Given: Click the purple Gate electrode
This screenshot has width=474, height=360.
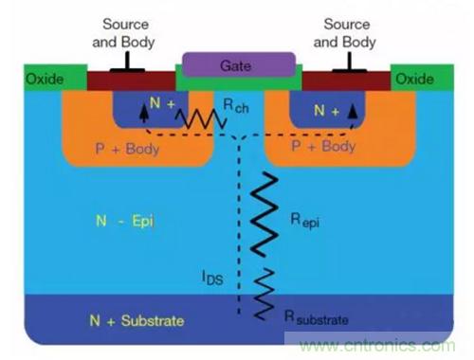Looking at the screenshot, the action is [x=239, y=65].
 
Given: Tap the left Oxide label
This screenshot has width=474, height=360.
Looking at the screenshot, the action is [x=45, y=79].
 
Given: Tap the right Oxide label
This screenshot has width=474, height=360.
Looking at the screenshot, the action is [x=414, y=79].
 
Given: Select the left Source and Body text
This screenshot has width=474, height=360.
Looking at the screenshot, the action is [x=124, y=33].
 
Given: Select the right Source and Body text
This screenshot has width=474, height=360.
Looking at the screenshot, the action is [x=345, y=33].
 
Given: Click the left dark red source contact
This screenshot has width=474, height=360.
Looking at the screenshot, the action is [x=131, y=81].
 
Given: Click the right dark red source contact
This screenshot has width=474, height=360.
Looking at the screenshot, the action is [x=346, y=81].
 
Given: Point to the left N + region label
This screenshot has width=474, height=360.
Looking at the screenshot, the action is [x=162, y=103].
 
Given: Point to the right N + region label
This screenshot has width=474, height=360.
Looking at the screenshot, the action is [x=326, y=111].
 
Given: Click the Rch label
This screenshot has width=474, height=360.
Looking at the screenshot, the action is [x=236, y=106].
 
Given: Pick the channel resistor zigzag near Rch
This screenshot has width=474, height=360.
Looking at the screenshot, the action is [x=201, y=119].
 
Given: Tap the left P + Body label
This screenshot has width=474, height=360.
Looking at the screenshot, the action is [x=127, y=149].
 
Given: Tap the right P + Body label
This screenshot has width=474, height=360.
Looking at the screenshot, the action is [x=323, y=146].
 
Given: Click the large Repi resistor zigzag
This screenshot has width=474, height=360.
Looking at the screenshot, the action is [x=264, y=215].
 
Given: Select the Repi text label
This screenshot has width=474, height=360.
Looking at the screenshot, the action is [x=304, y=220].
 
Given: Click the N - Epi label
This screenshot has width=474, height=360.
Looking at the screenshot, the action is [x=125, y=221].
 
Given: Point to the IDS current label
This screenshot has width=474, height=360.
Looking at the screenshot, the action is [x=212, y=279].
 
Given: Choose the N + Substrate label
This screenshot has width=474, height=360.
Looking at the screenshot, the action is [x=137, y=321].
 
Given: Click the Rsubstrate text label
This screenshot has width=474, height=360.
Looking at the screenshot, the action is [x=317, y=317].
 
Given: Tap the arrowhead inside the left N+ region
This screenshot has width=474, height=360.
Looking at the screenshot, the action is [x=144, y=114].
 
